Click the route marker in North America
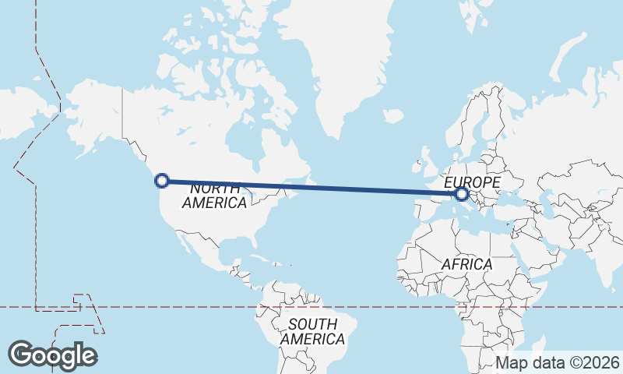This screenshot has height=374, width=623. tap(162, 181)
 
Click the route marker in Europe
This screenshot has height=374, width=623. tap(462, 193)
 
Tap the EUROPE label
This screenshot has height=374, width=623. tap(471, 181)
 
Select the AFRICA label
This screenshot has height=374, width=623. tap(466, 264)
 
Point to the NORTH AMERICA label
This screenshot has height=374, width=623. tap(214, 196)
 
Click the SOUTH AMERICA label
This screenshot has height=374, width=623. tap(312, 331)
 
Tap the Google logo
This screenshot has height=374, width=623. tap(52, 355)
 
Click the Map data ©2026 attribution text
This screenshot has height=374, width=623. tap(558, 362)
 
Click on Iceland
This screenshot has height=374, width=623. tap(393, 116)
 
